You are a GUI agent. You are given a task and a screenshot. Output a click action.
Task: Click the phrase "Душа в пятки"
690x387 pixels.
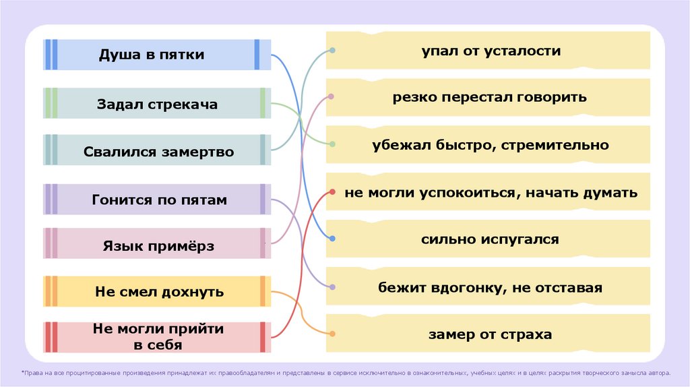pyautogui.click(x=152, y=55)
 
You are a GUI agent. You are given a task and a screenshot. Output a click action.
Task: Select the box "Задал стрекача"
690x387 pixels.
pyautogui.click(x=157, y=104)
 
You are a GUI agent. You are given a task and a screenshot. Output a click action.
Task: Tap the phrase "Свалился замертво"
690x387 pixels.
pyautogui.click(x=159, y=151)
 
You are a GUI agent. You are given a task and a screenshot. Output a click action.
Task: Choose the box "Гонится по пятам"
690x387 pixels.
pyautogui.click(x=159, y=200)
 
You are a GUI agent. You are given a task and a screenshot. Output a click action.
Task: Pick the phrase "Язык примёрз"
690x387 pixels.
pyautogui.click(x=159, y=246)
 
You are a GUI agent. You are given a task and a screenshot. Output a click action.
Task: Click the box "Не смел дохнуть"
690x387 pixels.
pyautogui.click(x=159, y=292)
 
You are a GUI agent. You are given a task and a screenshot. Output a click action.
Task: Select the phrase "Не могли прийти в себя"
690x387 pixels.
pyautogui.click(x=159, y=337)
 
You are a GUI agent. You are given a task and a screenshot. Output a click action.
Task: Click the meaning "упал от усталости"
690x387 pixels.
pyautogui.click(x=491, y=51)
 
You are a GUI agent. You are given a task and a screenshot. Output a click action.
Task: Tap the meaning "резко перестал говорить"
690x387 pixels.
pyautogui.click(x=491, y=97)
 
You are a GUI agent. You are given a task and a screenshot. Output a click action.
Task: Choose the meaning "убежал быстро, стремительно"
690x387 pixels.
pyautogui.click(x=491, y=144)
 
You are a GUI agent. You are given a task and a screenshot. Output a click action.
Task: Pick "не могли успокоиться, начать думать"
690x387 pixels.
pyautogui.click(x=491, y=192)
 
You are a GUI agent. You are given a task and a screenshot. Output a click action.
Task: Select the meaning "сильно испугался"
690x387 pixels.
pyautogui.click(x=491, y=239)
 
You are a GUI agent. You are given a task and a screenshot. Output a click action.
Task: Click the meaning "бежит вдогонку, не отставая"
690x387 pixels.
pyautogui.click(x=491, y=287)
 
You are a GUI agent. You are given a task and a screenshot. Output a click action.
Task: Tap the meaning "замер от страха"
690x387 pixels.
pyautogui.click(x=491, y=334)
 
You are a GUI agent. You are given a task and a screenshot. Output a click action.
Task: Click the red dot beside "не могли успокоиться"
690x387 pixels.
pyautogui.click(x=332, y=192)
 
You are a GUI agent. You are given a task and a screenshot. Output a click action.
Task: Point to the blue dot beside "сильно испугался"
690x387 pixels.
pyautogui.click(x=332, y=239)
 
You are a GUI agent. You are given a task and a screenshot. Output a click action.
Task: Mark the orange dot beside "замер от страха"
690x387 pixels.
pyautogui.click(x=332, y=334)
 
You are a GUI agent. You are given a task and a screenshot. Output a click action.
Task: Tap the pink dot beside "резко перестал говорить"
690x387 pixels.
pyautogui.click(x=332, y=96)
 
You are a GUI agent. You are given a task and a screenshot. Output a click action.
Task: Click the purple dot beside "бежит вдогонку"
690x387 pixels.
pyautogui.click(x=332, y=287)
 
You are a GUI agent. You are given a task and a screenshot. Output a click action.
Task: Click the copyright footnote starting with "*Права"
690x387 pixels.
pyautogui.click(x=345, y=372)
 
